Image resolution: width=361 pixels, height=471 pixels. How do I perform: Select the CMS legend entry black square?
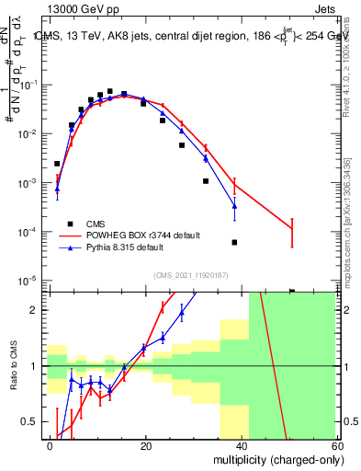[x=71, y=224]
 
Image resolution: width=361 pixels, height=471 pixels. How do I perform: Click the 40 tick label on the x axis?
[x=242, y=445]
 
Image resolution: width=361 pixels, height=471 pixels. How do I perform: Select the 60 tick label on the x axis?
[x=336, y=445]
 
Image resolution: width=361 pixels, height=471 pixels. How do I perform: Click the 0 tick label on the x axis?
[x=51, y=445]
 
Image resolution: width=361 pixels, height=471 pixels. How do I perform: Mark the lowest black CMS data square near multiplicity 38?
[x=234, y=242]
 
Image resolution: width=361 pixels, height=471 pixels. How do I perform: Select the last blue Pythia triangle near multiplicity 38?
[x=234, y=205]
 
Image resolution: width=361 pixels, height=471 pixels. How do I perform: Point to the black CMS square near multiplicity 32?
[x=206, y=181]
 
